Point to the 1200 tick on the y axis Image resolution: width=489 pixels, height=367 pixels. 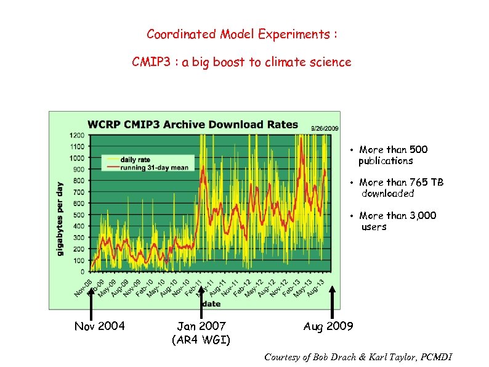tap(77, 135)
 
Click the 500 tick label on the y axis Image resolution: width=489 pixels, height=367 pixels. tap(78, 215)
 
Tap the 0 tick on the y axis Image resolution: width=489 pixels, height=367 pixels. tap(83, 271)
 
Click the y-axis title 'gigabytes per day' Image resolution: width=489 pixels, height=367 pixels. tap(60, 219)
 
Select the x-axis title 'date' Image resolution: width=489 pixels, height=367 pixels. tap(211, 303)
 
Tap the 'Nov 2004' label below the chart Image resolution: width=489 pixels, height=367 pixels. tap(99, 326)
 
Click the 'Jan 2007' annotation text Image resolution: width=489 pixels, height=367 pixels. tap(201, 326)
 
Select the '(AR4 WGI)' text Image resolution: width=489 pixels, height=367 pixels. tap(201, 339)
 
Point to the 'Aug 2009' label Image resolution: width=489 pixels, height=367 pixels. tap(328, 326)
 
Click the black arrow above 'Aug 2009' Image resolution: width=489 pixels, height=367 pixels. tap(333, 302)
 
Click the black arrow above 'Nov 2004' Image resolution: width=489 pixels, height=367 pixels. tap(91, 302)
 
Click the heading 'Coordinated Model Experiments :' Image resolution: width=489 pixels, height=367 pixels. tap(241, 35)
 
